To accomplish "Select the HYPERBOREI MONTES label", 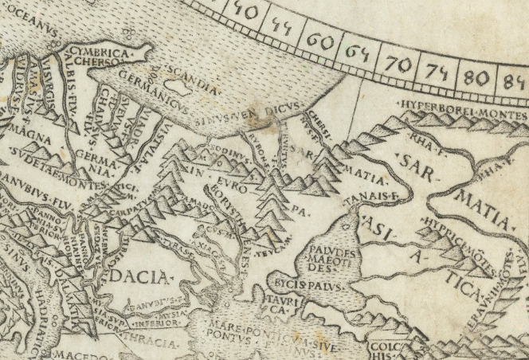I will [461, 106].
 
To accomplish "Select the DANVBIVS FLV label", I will [32, 198].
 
